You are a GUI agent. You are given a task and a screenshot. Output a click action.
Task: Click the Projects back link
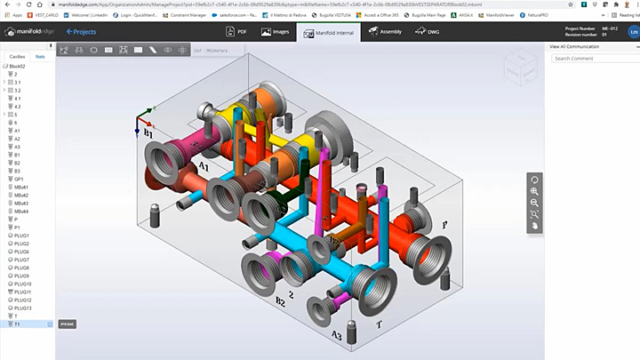tap(81, 32)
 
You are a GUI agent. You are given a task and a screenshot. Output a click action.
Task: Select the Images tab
tap(275, 32)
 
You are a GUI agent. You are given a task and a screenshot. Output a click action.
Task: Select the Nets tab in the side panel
tap(40, 56)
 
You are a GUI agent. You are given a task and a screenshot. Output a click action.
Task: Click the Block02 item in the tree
tap(17, 66)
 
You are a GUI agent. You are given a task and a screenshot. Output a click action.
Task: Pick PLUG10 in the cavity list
tap(22, 284)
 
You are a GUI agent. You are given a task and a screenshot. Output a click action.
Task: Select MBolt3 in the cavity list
tap(21, 203)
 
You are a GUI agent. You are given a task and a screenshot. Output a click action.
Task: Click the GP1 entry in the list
tap(19, 179)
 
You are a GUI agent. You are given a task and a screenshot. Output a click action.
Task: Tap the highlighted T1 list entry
tap(17, 324)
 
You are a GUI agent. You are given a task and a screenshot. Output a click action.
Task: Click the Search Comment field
tap(591, 58)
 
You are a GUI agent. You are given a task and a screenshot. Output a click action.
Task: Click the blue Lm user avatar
tap(633, 32)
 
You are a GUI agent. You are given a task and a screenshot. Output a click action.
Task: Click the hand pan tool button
tap(534, 226)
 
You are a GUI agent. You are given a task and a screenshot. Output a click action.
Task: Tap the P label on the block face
tap(444, 226)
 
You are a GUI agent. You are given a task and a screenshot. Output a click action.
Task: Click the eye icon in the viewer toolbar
tap(168, 50)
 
